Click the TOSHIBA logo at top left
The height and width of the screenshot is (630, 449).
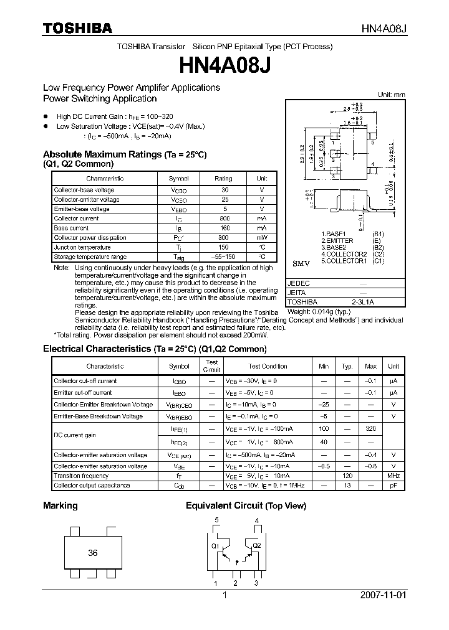tap(77, 28)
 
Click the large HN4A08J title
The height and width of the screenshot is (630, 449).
tap(224, 65)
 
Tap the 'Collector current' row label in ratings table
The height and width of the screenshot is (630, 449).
tap(76, 219)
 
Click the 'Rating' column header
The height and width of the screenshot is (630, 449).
tap(223, 179)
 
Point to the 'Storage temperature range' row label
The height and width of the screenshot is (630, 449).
tap(90, 256)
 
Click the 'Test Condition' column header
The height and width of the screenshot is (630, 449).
tap(268, 366)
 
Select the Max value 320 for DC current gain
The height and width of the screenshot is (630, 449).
tap(370, 429)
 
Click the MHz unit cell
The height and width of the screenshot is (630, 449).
tap(393, 476)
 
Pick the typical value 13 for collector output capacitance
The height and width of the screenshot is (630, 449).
tap(348, 485)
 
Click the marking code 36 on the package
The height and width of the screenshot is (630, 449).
tap(93, 552)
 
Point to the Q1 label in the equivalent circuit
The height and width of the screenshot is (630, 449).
tap(215, 547)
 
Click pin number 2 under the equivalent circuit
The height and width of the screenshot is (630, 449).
tap(235, 583)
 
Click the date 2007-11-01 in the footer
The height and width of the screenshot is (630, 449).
tap(383, 595)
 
